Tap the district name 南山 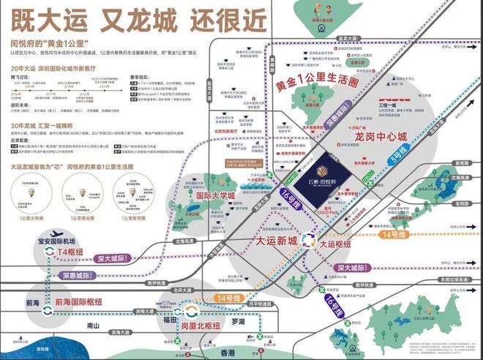tap(94, 326)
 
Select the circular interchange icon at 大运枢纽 tap(309, 240)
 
